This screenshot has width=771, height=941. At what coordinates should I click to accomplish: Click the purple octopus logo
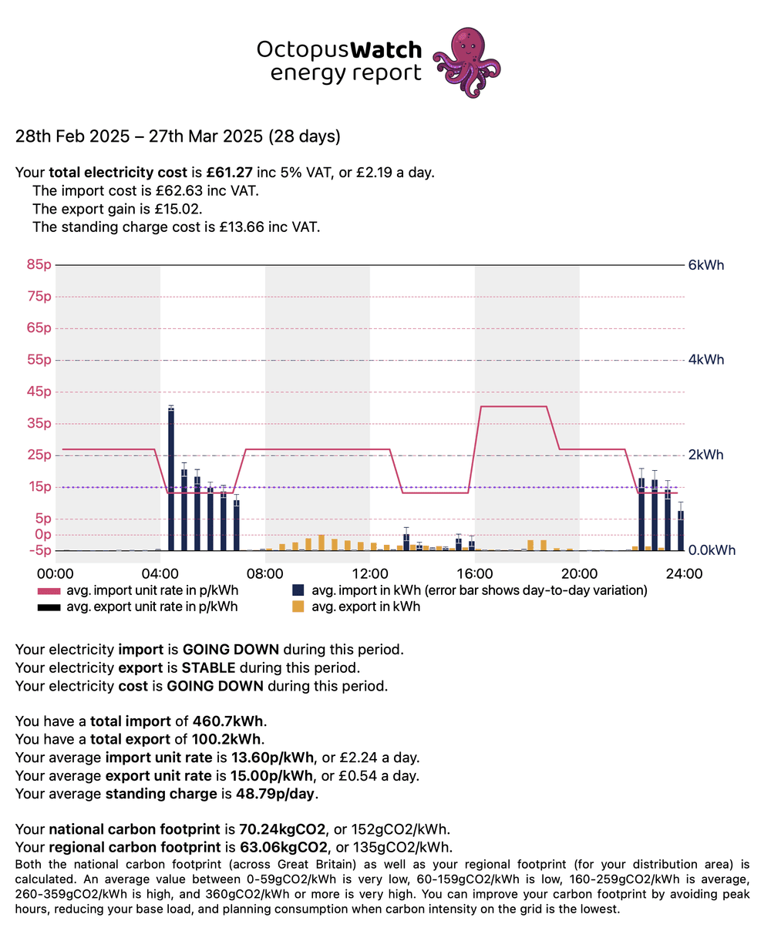[x=466, y=62]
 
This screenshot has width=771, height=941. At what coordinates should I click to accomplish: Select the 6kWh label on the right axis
[x=705, y=265]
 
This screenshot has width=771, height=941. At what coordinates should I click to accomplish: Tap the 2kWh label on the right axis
[x=705, y=455]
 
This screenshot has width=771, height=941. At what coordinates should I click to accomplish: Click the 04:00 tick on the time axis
[x=160, y=573]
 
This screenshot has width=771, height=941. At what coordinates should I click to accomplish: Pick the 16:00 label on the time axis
[x=475, y=573]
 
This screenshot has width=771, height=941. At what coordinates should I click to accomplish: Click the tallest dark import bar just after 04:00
[x=171, y=478]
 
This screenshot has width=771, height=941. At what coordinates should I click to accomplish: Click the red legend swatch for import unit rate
[x=49, y=591]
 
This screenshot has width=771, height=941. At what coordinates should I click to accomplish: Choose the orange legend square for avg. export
[x=298, y=607]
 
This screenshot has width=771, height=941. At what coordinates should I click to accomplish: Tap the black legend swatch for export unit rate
[x=49, y=607]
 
